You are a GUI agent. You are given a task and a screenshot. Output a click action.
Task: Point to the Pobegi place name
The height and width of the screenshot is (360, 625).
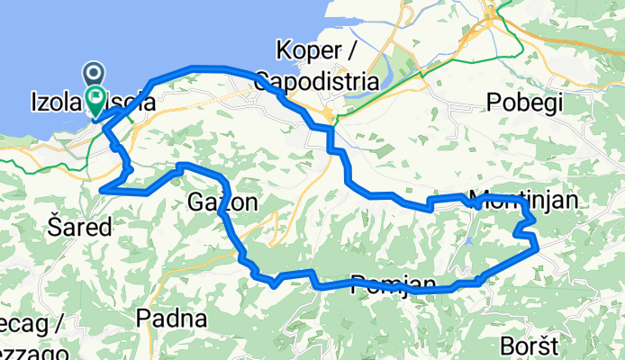524,102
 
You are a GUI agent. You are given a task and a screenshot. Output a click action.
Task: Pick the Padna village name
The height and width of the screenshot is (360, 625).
172,318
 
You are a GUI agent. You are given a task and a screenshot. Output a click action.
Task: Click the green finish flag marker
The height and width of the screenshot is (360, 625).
95,97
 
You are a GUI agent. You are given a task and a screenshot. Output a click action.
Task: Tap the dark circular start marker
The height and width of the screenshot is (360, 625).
95,72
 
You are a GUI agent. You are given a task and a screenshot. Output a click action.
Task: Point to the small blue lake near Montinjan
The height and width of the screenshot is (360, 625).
468,241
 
